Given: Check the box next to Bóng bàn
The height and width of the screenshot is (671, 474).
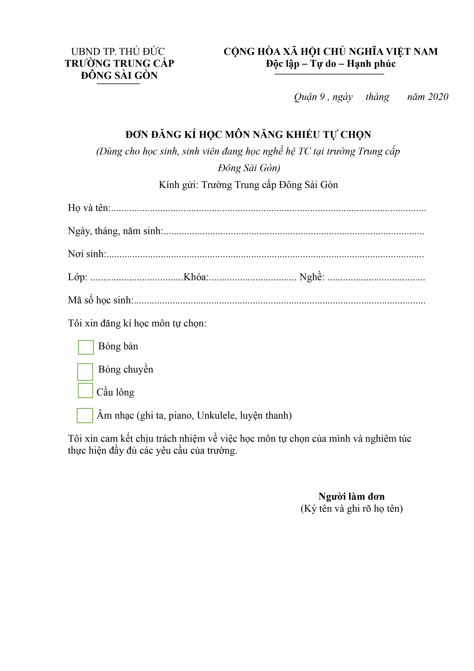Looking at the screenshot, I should click(86, 347).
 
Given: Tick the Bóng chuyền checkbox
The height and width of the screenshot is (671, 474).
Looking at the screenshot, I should click(85, 372).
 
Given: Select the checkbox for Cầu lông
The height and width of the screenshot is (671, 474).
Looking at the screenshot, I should click(85, 390).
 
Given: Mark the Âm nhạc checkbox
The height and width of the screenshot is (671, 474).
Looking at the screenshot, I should click(85, 416).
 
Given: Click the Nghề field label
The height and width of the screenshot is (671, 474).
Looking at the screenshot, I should click(312, 277).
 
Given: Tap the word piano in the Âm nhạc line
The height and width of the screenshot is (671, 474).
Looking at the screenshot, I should click(181, 416).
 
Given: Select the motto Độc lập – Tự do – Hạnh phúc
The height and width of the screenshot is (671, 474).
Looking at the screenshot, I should click(331, 64).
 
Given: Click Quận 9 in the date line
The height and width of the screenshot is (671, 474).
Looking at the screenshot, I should click(309, 97).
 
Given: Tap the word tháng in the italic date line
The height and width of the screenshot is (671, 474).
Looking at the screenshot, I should click(377, 97).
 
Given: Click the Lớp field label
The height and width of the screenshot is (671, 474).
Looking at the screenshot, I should click(77, 277).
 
